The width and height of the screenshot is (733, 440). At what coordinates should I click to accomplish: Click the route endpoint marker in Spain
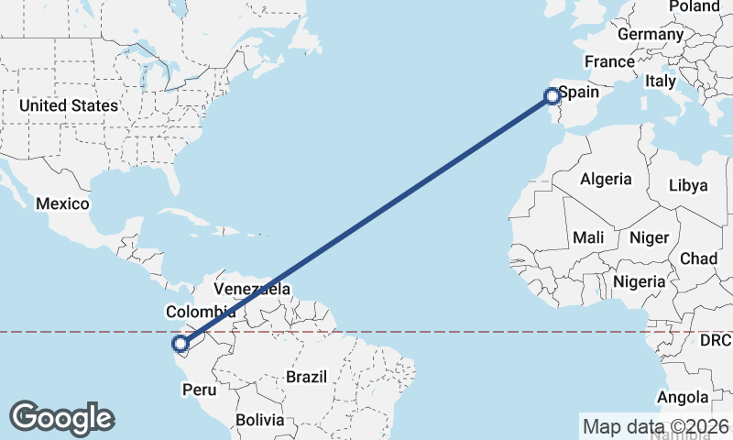(x=552, y=95)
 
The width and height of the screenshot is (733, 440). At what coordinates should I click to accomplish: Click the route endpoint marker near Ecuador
(x=181, y=345)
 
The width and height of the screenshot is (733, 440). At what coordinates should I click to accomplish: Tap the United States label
(x=69, y=105)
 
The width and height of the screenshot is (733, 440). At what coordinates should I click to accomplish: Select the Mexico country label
(x=62, y=203)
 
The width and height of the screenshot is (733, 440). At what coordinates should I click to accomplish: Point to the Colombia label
(x=194, y=311)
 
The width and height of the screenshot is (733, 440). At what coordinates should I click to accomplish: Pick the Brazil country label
(x=306, y=377)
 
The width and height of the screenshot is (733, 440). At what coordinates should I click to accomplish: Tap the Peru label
(x=199, y=390)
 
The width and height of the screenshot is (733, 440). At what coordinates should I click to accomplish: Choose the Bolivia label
(x=260, y=420)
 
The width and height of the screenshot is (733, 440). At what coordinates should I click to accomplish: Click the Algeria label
(x=606, y=179)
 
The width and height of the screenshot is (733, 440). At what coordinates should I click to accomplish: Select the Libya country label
(x=688, y=185)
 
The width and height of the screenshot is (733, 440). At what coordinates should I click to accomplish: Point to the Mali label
(x=588, y=237)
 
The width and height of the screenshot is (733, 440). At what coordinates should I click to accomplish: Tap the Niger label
(x=649, y=237)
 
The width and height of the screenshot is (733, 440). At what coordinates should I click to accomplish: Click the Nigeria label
(x=640, y=281)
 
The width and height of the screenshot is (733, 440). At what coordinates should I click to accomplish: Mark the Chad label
(x=698, y=258)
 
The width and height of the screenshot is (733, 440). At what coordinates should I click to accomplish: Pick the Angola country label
(x=684, y=397)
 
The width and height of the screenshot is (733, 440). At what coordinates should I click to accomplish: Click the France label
(x=610, y=61)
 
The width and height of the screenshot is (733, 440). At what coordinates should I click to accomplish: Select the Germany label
(x=651, y=34)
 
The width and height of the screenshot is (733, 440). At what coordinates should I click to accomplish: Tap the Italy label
(x=661, y=81)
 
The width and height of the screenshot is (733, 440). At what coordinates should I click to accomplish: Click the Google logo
(x=61, y=417)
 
